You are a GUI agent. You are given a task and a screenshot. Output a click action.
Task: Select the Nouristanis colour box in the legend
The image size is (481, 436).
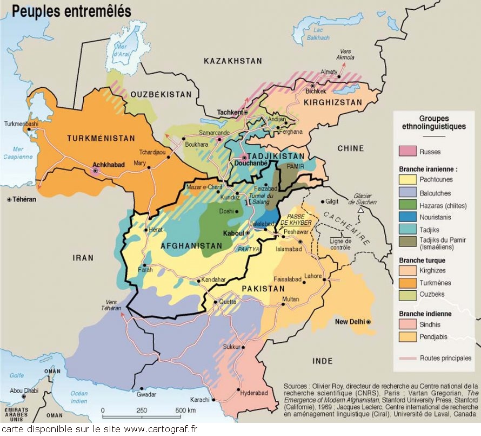[x=407, y=217]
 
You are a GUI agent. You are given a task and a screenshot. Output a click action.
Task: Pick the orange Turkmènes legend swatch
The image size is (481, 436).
[x=407, y=283]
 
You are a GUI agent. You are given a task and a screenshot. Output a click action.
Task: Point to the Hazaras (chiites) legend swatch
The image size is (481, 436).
[x=407, y=205]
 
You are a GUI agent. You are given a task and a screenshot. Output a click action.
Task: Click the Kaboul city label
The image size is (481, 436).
[x=234, y=233]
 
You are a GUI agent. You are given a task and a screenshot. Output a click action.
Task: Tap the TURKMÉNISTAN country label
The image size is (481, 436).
[x=101, y=139]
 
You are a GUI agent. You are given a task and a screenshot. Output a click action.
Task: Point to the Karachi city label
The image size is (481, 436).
[x=200, y=399]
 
